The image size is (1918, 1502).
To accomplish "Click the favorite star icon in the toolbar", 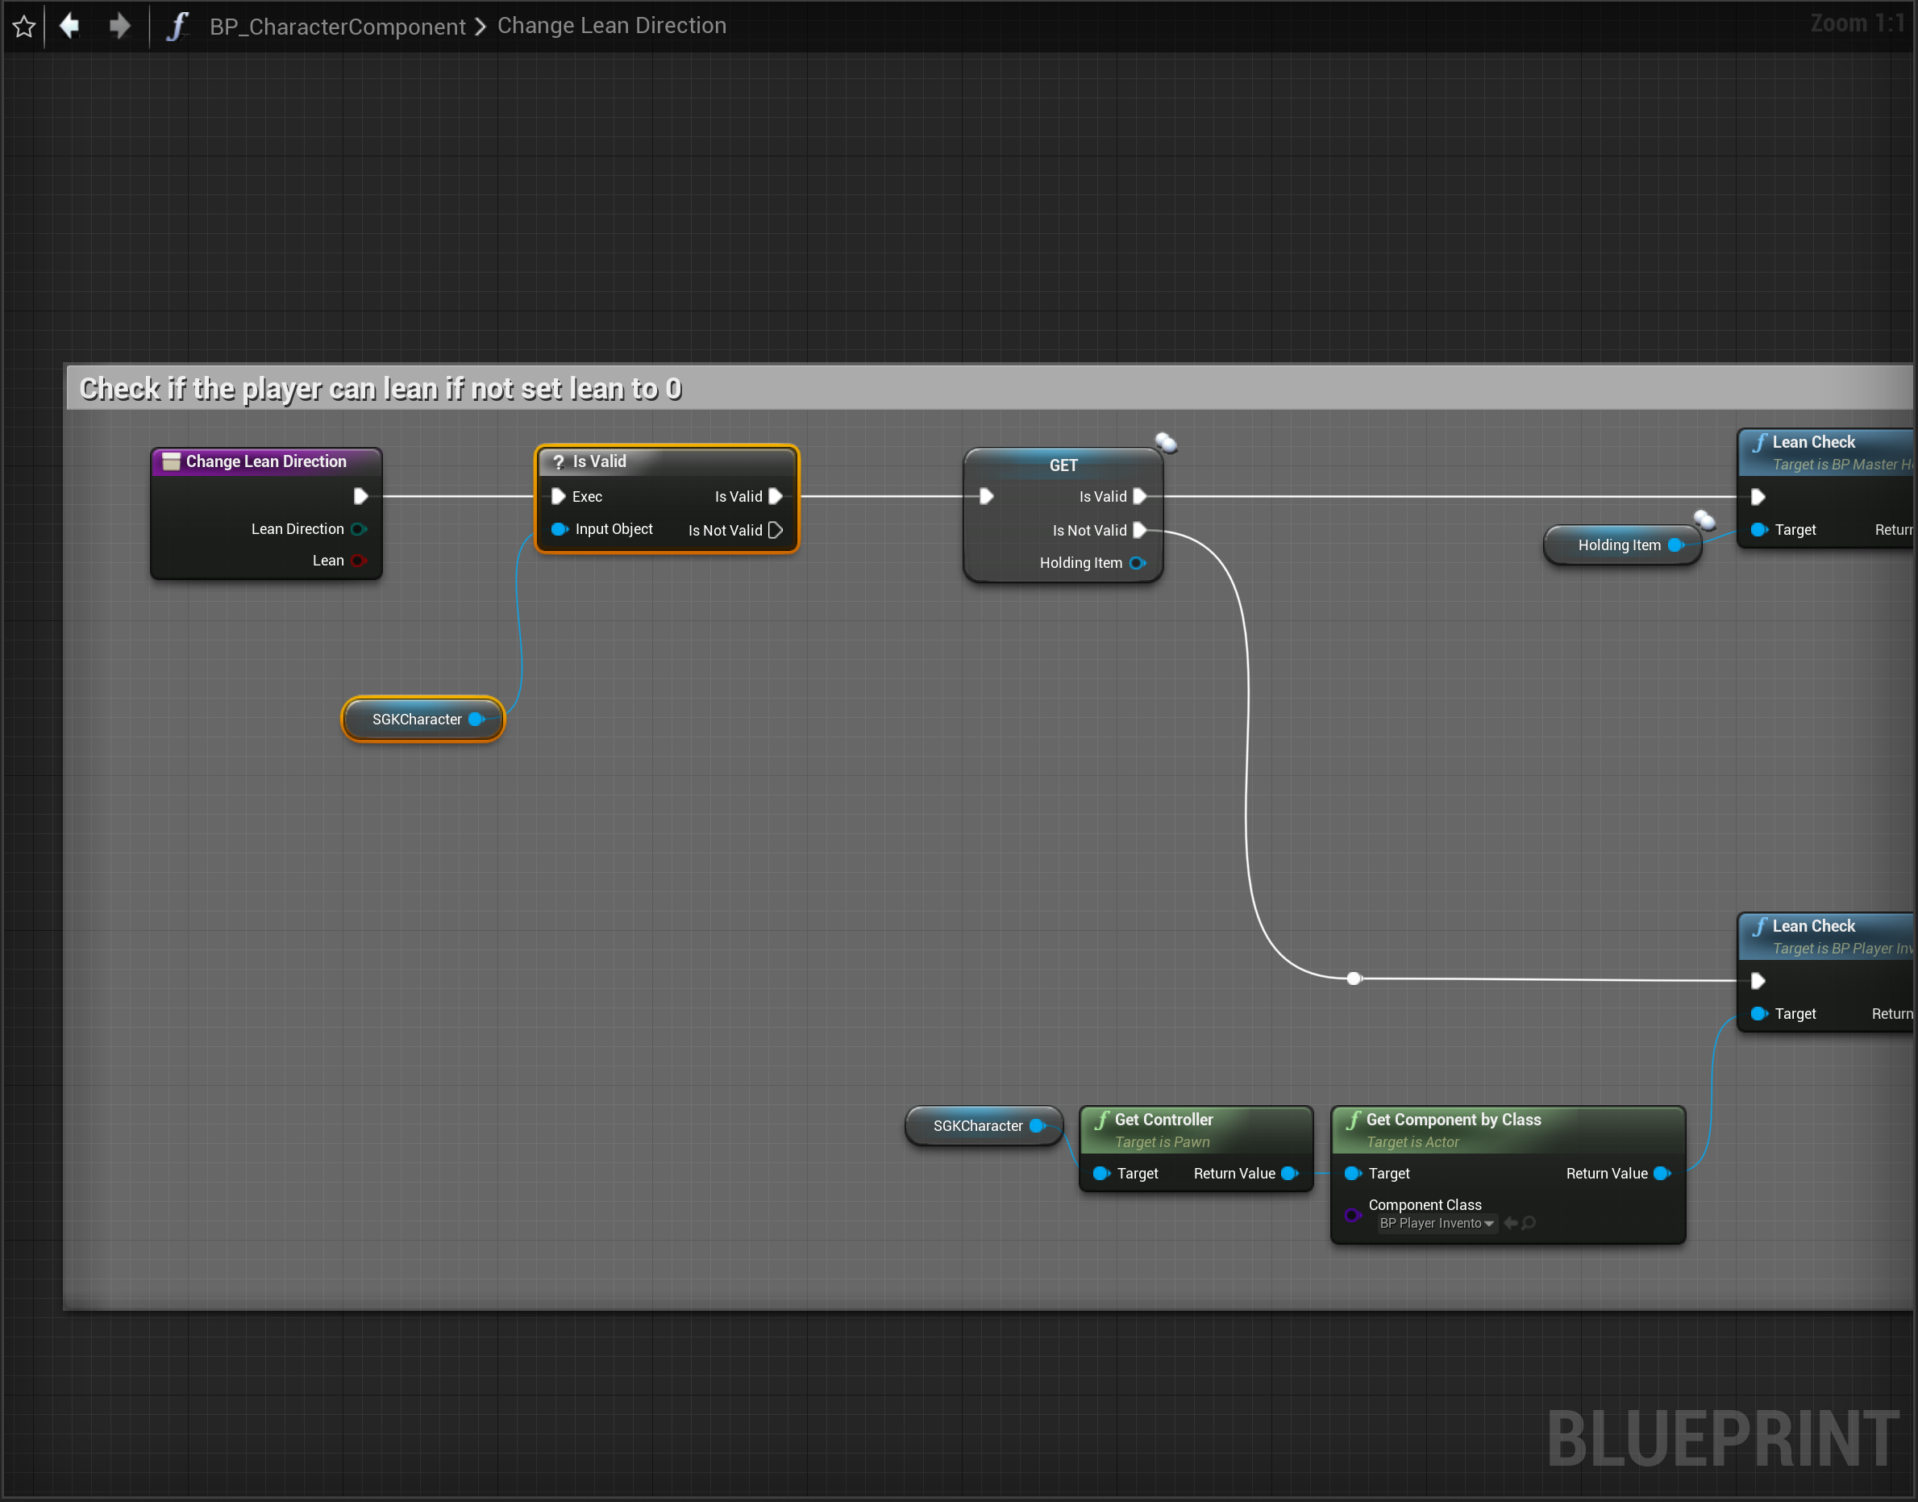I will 23,27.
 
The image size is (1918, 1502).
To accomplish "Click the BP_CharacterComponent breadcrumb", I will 337,27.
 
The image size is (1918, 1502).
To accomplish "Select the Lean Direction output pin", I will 359,529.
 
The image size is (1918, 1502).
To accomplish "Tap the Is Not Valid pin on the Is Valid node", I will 776,530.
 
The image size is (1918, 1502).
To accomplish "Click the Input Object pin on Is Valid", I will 558,529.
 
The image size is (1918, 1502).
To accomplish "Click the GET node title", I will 1063,465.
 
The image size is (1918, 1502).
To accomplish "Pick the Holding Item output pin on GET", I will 1138,563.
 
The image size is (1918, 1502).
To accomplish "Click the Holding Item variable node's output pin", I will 1675,545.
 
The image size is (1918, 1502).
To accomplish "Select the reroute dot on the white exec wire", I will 1354,978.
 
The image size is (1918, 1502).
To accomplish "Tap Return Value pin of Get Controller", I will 1289,1173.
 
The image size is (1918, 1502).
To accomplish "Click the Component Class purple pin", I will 1353,1216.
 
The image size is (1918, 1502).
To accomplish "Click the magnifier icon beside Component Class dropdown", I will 1529,1223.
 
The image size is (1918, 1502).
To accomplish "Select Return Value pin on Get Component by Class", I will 1662,1173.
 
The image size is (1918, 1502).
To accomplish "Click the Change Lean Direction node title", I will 265,461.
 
